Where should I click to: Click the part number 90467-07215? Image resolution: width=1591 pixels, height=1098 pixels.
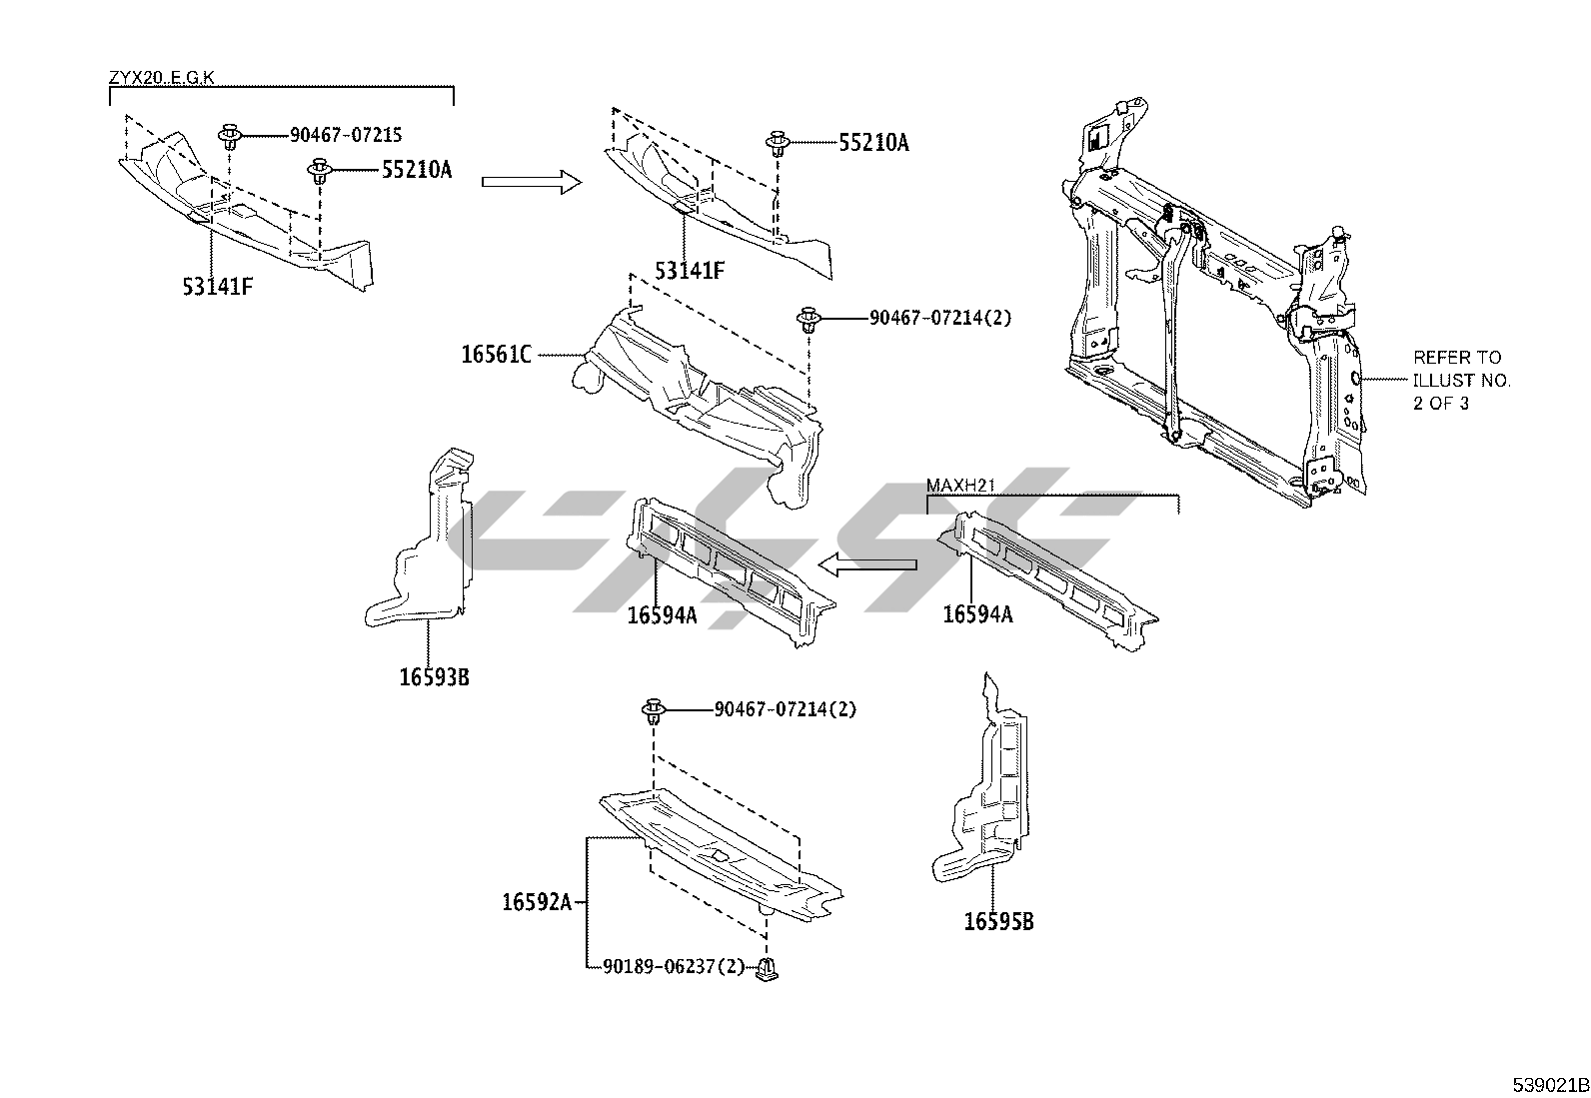click(x=346, y=135)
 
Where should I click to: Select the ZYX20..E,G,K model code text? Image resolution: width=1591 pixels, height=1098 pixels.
click(x=161, y=77)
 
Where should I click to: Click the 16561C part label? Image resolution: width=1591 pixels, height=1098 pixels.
click(x=496, y=354)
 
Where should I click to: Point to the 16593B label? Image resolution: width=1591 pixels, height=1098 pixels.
click(x=434, y=677)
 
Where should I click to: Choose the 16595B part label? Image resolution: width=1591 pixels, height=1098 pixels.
click(x=998, y=921)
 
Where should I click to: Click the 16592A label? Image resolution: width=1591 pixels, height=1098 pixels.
click(x=537, y=902)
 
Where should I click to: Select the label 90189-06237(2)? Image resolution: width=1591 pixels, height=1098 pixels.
click(x=674, y=966)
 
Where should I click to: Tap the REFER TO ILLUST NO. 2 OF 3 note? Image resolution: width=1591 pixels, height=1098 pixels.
click(x=1461, y=381)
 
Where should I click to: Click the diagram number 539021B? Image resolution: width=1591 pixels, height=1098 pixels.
click(x=1548, y=1084)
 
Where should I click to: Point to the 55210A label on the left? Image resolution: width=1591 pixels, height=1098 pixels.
click(x=416, y=170)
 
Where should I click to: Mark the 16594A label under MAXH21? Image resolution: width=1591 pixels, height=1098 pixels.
click(x=977, y=614)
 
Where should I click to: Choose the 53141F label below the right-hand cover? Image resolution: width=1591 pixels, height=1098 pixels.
click(x=690, y=270)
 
